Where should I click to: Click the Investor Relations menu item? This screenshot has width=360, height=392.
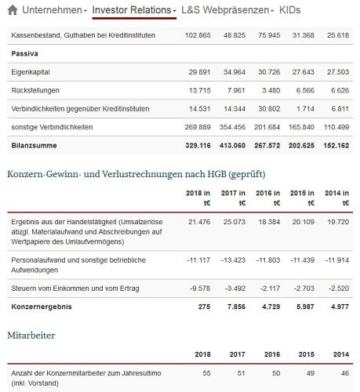(x=132, y=9)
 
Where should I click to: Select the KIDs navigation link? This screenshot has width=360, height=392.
(x=290, y=9)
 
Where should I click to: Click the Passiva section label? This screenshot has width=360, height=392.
(x=27, y=53)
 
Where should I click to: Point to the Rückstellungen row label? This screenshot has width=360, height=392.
(x=38, y=89)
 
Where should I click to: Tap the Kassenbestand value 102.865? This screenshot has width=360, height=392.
(x=197, y=35)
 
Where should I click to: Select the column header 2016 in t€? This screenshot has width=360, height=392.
(x=268, y=198)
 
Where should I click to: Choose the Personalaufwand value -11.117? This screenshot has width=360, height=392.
(x=198, y=259)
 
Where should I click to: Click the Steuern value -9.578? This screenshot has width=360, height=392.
(x=199, y=288)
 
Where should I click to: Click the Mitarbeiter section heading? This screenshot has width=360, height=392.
(x=31, y=335)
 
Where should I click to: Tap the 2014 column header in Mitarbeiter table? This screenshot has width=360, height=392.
(x=341, y=354)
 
